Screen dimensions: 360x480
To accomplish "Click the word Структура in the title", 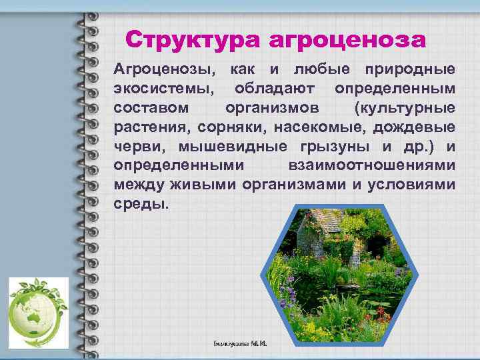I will click(193, 40).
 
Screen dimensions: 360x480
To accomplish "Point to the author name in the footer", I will click(239, 344).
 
